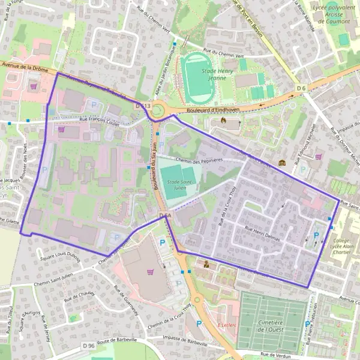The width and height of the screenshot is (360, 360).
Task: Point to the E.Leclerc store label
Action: pos(227,325)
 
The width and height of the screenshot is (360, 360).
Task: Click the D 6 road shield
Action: pos(301,89)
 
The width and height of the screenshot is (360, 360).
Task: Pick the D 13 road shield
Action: pos(142,106)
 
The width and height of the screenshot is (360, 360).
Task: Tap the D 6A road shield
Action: pos(166,215)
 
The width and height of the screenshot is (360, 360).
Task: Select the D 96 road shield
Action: pos(88,346)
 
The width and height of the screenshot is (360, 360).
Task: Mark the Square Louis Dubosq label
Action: pos(60,252)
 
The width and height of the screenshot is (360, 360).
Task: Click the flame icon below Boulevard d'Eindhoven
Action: pos(224,120)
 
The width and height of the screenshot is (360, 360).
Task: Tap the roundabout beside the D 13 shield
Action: pos(158,110)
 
